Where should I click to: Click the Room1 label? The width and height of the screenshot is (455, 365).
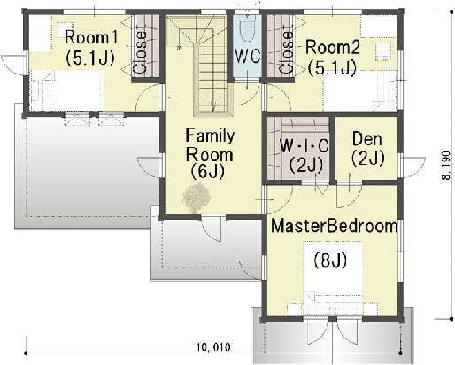(x=91, y=37)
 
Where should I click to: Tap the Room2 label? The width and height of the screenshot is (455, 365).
(x=333, y=47)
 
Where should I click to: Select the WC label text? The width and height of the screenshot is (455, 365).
(x=248, y=56)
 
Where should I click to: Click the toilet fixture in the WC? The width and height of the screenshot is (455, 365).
(x=247, y=28)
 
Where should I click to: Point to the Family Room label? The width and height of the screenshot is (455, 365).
(x=210, y=145)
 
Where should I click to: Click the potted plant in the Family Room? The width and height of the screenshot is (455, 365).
(x=197, y=197)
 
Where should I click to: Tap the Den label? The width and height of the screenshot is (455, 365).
(x=367, y=138)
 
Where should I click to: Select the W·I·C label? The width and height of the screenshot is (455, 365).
(x=304, y=145)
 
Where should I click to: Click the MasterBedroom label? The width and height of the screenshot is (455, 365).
(x=335, y=226)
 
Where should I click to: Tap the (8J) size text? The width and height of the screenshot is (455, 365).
(x=330, y=260)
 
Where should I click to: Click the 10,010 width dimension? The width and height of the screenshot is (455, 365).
(x=213, y=346)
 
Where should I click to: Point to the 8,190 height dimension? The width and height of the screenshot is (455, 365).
(x=446, y=166)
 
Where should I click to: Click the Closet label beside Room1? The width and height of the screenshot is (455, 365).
(x=140, y=49)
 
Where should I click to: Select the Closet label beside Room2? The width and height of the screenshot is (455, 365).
(x=286, y=49)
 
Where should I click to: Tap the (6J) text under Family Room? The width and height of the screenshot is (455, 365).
(x=207, y=171)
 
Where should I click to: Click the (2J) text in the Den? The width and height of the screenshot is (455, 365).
(x=368, y=158)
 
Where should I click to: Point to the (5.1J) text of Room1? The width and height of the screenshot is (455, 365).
(x=90, y=58)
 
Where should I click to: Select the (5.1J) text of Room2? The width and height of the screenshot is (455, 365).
(x=332, y=68)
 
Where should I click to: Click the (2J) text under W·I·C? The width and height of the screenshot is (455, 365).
(x=306, y=165)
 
